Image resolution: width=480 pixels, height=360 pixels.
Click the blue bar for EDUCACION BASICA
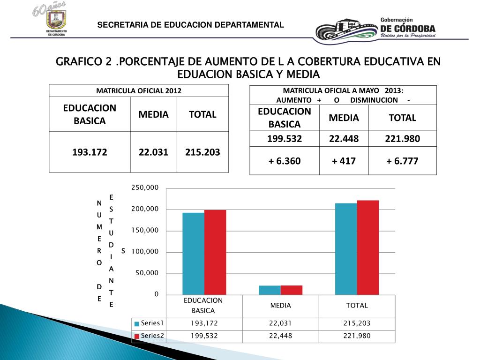pyautogui.click(x=193, y=254)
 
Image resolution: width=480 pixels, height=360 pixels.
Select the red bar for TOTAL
pyautogui.click(x=367, y=247)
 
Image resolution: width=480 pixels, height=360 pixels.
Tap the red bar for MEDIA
pyautogui.click(x=292, y=290)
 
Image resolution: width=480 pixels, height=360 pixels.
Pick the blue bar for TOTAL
pyautogui.click(x=346, y=249)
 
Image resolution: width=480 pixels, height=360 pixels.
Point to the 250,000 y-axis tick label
pyautogui.click(x=145, y=187)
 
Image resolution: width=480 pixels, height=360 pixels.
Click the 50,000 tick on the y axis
pyautogui.click(x=147, y=273)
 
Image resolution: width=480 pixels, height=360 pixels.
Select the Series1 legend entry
pyautogui.click(x=150, y=323)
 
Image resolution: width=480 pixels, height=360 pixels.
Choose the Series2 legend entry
pyautogui.click(x=150, y=336)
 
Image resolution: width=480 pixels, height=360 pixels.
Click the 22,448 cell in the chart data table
pyautogui.click(x=280, y=336)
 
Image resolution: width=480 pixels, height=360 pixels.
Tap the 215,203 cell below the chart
pyautogui.click(x=357, y=323)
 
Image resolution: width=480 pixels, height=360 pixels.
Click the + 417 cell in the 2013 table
pyautogui.click(x=344, y=161)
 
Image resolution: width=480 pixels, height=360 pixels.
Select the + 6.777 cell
pyautogui.click(x=402, y=161)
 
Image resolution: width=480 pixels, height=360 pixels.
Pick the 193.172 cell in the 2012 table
pyautogui.click(x=90, y=152)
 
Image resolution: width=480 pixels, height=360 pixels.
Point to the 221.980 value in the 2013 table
pyautogui.click(x=402, y=138)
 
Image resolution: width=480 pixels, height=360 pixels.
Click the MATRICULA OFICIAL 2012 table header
pyautogui.click(x=139, y=90)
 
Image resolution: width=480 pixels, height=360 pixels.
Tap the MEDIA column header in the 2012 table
pyautogui.click(x=153, y=114)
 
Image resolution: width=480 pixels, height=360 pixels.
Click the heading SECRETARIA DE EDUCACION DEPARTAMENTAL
pyautogui.click(x=190, y=25)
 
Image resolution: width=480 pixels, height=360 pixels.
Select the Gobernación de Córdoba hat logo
pyautogui.click(x=345, y=31)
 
